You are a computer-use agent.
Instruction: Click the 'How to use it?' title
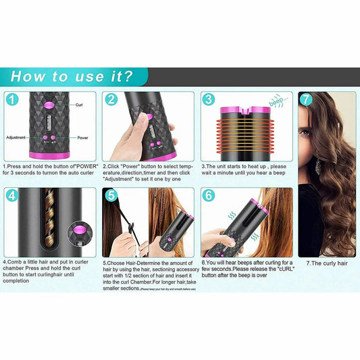(x=71, y=76)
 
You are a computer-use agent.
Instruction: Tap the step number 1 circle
(x=12, y=100)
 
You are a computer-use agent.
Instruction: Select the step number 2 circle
(x=111, y=100)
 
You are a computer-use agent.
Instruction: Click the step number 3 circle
(x=209, y=100)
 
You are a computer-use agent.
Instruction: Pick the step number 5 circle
(x=111, y=197)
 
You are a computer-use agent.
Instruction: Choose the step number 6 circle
(x=209, y=197)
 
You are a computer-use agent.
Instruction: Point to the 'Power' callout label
(x=82, y=137)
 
